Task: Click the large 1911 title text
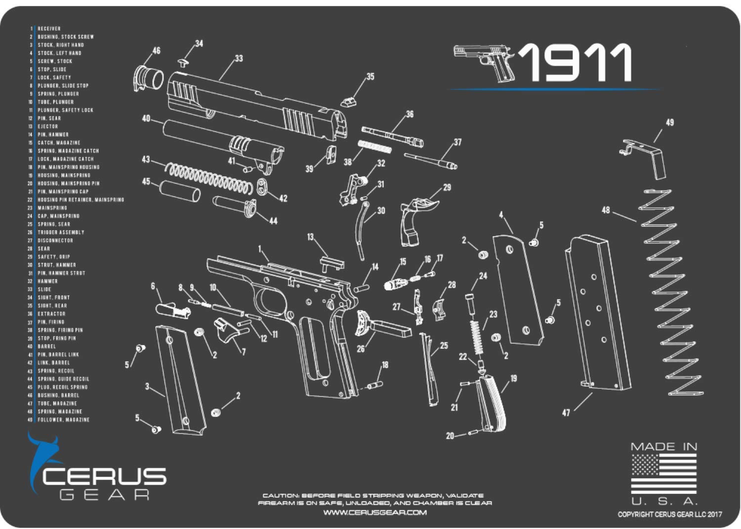tap(576, 63)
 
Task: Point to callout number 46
tap(156, 51)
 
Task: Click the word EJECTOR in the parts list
tap(48, 126)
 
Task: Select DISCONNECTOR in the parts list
tap(55, 240)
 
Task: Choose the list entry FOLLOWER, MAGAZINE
tap(64, 419)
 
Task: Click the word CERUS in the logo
tap(104, 477)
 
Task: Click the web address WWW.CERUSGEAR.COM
tap(375, 512)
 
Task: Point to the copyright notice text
tap(669, 514)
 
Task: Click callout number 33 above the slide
tap(239, 59)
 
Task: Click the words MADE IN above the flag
tap(664, 447)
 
